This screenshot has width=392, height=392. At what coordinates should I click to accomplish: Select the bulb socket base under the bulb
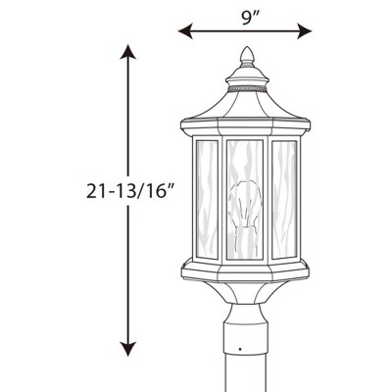(x=245, y=240)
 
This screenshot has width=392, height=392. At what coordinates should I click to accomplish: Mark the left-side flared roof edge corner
(x=185, y=125)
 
